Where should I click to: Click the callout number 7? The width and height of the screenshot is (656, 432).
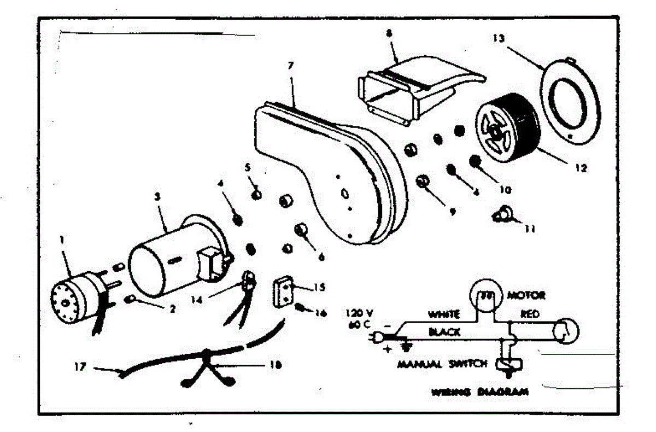pyautogui.click(x=290, y=66)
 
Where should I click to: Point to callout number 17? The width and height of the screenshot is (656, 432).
pyautogui.click(x=80, y=367)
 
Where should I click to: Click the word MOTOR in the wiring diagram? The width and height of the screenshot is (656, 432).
pyautogui.click(x=526, y=295)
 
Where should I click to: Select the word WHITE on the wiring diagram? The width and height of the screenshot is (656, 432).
pyautogui.click(x=443, y=316)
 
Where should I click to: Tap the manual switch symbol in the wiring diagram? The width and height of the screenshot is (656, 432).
pyautogui.click(x=508, y=365)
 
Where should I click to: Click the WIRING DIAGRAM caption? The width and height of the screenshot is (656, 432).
pyautogui.click(x=479, y=392)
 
